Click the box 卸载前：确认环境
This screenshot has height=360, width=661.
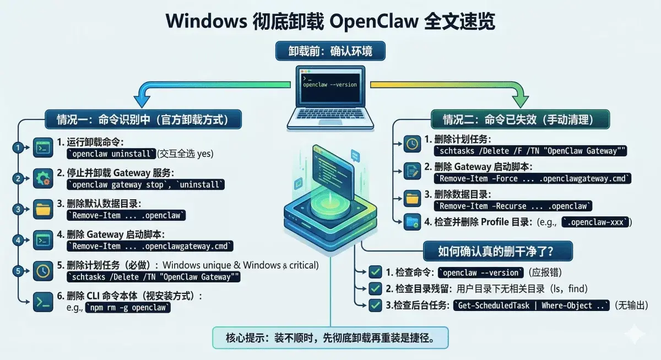330,52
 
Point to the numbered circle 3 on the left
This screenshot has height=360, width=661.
18,209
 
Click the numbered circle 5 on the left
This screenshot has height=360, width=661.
18,271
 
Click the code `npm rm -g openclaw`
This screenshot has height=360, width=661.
127,308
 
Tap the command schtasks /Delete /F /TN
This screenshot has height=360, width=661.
531,151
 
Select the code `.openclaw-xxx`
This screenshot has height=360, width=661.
595,222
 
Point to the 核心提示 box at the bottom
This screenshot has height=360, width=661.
330,337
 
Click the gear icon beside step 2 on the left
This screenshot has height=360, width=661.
42,178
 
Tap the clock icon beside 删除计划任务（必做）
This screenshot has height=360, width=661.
42,271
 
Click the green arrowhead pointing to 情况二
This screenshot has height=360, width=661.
518,102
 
